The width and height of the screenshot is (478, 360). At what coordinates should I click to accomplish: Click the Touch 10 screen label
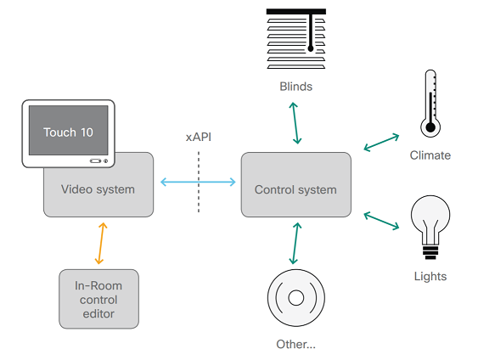[x=68, y=132]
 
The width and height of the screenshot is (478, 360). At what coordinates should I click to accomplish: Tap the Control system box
[x=295, y=189]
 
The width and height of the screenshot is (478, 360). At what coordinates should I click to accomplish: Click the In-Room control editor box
[x=98, y=299]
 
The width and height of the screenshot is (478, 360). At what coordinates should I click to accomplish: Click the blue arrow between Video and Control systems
[x=198, y=181]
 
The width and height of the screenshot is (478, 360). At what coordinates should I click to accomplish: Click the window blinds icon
[x=296, y=39]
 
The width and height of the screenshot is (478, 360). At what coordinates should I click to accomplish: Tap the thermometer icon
[x=430, y=104]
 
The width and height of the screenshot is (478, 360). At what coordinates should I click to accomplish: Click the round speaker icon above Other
[x=296, y=298]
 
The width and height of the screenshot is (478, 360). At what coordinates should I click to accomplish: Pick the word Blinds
[x=295, y=87]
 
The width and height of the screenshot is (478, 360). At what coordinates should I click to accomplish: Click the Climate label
[x=430, y=155]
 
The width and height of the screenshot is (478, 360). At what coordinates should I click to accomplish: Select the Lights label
[x=430, y=276]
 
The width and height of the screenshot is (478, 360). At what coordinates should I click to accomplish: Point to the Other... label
[x=295, y=344]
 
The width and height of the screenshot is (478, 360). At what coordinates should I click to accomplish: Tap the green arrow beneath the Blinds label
[x=295, y=121]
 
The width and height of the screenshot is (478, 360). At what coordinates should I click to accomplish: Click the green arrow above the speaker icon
[x=295, y=244]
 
